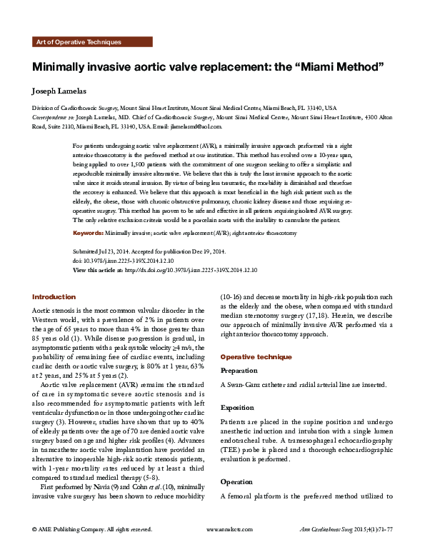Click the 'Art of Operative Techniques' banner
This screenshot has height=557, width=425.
(x=78, y=42)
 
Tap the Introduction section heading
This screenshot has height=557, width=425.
(x=54, y=296)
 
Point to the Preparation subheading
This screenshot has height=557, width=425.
(x=239, y=371)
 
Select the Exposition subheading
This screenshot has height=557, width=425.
(x=238, y=407)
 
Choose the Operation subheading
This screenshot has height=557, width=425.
(x=237, y=462)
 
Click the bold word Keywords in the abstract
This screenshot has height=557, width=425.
(x=89, y=233)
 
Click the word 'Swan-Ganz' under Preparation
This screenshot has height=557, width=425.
(x=243, y=385)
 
